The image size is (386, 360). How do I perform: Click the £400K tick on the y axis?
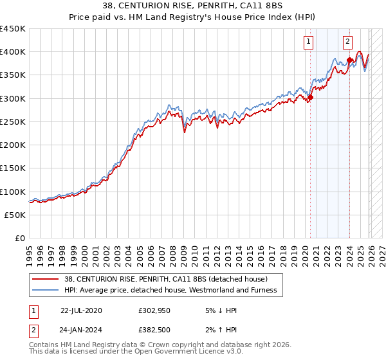tap(13, 52)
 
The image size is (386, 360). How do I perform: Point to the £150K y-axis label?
tap(13, 168)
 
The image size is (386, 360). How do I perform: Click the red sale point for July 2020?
tap(310, 98)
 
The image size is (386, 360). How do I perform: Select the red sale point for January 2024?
tap(349, 60)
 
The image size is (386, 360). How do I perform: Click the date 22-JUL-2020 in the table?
tap(81, 310)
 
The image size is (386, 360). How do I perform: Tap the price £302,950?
tap(155, 310)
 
